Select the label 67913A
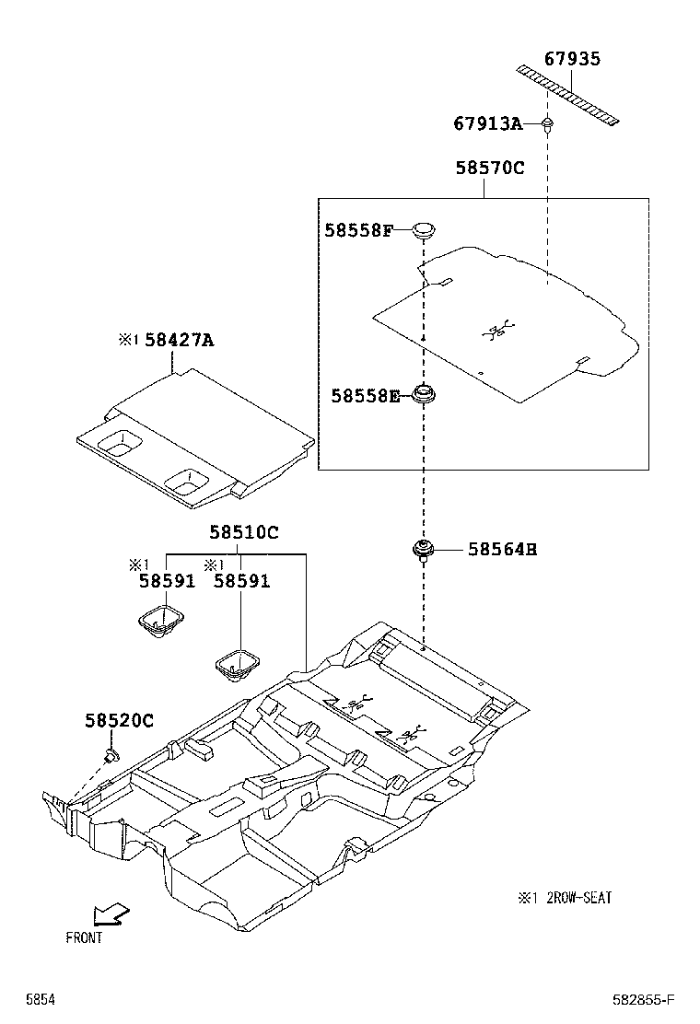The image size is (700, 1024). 487,123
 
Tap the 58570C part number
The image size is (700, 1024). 489,169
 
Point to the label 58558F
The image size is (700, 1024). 358,230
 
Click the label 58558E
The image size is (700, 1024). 366,396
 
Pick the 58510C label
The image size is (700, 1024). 243,532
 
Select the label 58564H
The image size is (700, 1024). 502,550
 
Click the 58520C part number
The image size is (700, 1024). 119,720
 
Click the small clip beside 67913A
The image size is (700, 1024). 547,123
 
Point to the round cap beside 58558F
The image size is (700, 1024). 424,229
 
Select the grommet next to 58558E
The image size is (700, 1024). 424,396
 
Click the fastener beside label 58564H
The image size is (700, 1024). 424,551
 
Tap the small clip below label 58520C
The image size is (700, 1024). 111,757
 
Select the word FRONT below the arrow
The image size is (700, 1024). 84,938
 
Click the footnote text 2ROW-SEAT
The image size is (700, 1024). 579,897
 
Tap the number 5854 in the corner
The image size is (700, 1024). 40,999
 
